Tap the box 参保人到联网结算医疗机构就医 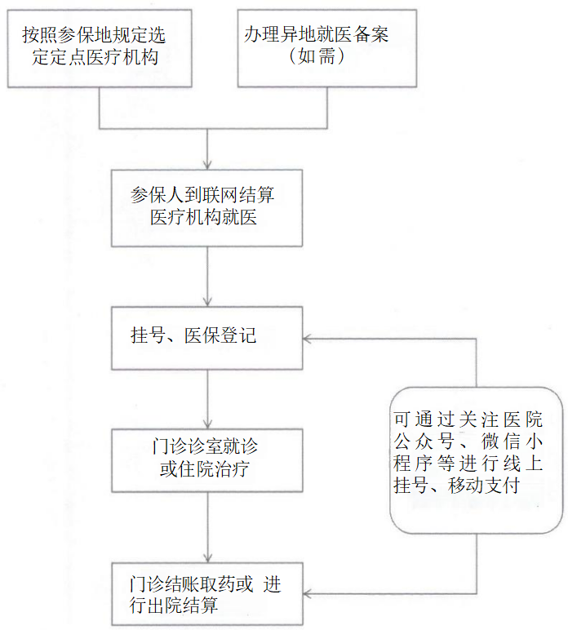[x=206, y=207]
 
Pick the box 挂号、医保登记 [x=206, y=336]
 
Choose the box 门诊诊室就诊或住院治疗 [x=206, y=459]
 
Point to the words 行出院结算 [x=174, y=606]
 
